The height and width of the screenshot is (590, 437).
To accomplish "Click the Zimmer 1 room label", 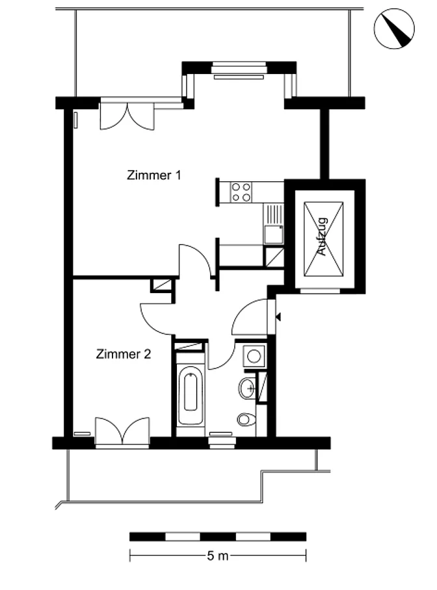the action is tap(153, 175).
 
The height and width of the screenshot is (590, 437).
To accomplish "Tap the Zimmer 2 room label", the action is tap(124, 354).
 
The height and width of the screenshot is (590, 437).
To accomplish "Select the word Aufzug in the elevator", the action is tap(323, 237).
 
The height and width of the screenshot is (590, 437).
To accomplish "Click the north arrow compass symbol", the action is tap(394, 29).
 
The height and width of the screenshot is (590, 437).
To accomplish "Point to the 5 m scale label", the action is tap(218, 556).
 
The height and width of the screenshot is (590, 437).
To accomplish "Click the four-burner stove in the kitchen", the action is tap(241, 192).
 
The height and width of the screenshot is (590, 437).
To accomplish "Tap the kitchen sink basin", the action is tap(274, 235).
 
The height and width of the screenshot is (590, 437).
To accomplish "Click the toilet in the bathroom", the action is tap(247, 419).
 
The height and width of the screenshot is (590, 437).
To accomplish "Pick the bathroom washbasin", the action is tap(248, 387).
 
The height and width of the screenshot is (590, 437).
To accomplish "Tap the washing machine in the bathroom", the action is tap(254, 356).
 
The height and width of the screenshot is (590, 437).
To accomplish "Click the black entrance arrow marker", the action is tap(278, 317).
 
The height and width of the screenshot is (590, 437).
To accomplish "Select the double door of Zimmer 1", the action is tap(127, 116).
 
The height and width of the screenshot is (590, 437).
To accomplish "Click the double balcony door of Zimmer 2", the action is tap(122, 431).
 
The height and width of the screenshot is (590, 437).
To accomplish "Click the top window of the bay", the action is tap(239, 70).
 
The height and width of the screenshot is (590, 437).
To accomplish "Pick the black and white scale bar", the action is tap(218, 537).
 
